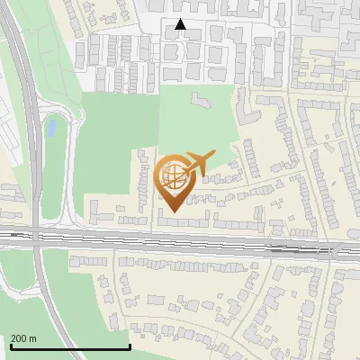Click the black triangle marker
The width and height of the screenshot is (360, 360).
tap(181, 24)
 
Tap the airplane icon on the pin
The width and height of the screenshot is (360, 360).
tap(199, 164)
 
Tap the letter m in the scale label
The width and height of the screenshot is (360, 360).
tap(33, 338)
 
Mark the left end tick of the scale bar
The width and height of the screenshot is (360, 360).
tap(10, 346)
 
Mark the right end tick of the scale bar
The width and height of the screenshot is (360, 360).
tap(130, 346)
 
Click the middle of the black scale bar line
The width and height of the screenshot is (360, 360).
tap(70, 347)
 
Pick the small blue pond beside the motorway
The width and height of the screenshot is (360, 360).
tap(51, 128)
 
